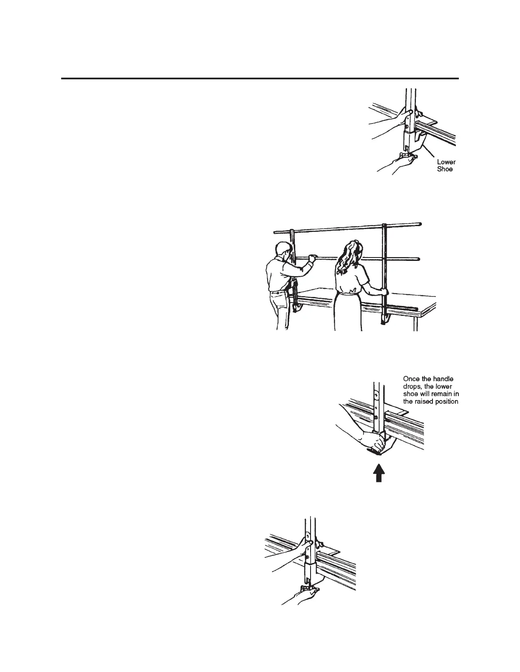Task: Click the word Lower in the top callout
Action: click(446, 162)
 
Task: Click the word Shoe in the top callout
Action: click(445, 169)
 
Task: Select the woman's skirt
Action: click(348, 312)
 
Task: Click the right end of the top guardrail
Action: click(420, 224)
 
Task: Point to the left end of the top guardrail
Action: click(276, 232)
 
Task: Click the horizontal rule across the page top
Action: click(260, 78)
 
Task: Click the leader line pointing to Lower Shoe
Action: click(429, 151)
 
